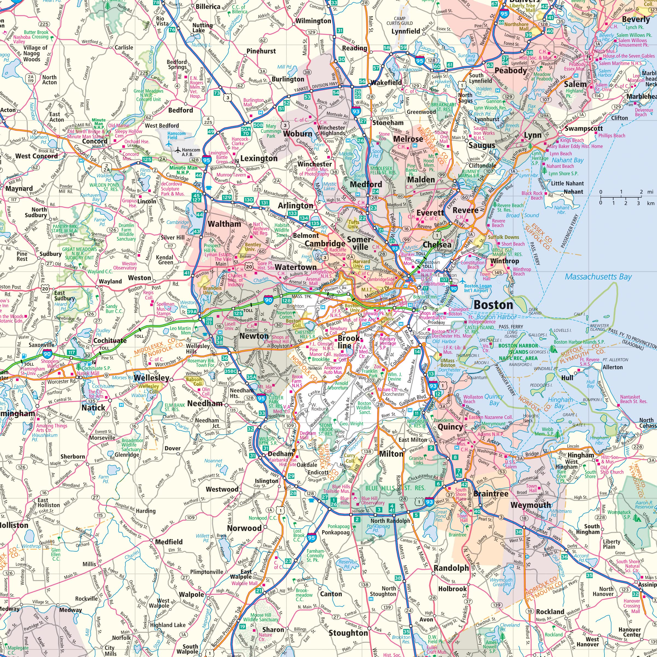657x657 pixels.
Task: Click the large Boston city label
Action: pos(493,305)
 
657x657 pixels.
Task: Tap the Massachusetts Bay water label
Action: pos(598,276)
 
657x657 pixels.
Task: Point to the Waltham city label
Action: pos(224,224)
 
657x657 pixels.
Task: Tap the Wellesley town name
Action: pos(151,378)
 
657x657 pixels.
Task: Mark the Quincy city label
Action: pos(450,427)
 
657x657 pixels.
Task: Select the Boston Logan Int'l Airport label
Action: pos(478,288)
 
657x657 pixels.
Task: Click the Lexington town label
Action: pos(259,158)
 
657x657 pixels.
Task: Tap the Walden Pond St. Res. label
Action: pos(104,187)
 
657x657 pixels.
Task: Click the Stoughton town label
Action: pos(348,633)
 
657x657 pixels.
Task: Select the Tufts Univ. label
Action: pos(354,224)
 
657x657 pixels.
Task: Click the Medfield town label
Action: pos(169,542)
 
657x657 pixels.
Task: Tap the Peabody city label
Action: pos(511,70)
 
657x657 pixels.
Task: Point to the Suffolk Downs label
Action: pos(503,237)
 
